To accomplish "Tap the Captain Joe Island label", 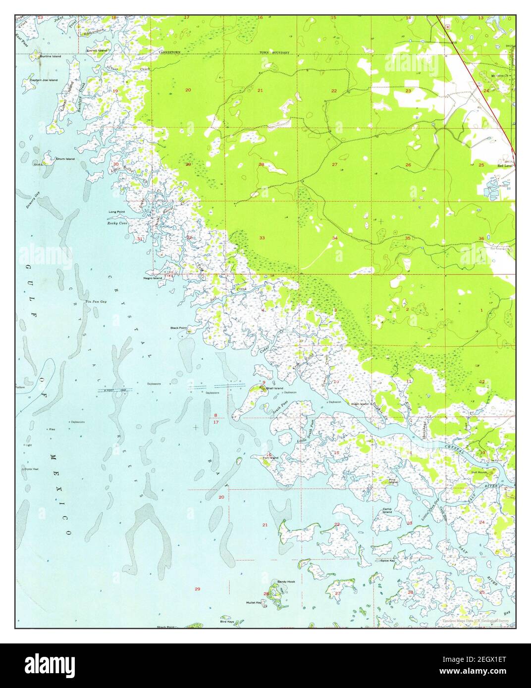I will point(44,80).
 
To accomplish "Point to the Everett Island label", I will point(97,50).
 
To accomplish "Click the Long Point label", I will point(117,212).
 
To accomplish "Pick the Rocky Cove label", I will point(117,223).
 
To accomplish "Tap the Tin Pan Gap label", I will point(96,301).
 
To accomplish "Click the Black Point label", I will point(178,328).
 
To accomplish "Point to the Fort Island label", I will point(270,458).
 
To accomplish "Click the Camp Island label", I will point(387,510).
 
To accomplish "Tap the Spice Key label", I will point(387,561).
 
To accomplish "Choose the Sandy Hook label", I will point(286,582).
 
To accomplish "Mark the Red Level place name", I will point(505,166).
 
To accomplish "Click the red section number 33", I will point(262,238).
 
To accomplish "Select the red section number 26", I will point(408,165).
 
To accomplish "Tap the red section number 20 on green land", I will point(188,90).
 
